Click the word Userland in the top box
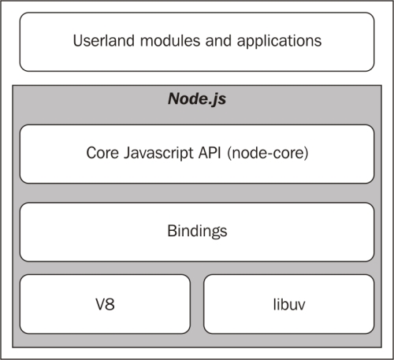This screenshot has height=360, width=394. tap(104, 41)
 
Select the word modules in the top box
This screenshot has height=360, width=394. tap(170, 41)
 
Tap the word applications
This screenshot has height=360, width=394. tap(279, 42)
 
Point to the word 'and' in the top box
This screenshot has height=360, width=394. tap(218, 41)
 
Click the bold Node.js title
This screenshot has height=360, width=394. tap(197, 99)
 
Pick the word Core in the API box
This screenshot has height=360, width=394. tap(102, 153)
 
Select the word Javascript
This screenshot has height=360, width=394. tap(158, 154)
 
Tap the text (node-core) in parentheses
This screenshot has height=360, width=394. tap(267, 154)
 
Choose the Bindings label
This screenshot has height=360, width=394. tap(197, 232)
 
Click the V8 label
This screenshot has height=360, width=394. tap(105, 305)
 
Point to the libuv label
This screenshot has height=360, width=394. tap(289, 305)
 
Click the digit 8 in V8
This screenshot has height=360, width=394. tap(110, 305)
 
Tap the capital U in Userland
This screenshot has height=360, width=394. tap(78, 41)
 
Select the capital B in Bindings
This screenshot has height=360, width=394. tap(172, 231)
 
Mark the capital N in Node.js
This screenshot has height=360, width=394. tap(174, 98)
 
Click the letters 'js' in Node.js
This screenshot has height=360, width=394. tap(220, 100)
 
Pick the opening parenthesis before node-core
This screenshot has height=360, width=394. tap(229, 154)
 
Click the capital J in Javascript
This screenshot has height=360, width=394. tap(127, 153)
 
